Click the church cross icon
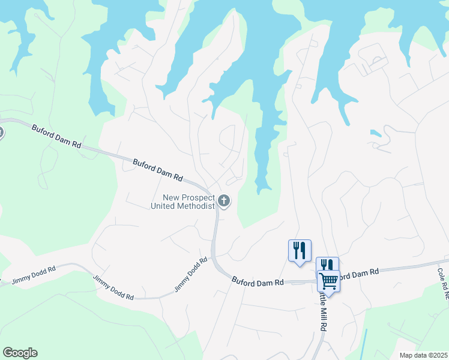coord(224,201)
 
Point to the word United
coord(164,206)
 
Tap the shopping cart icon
coord(328,281)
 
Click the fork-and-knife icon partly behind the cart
coord(326,263)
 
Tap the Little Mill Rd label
coord(322,312)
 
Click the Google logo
coord(20,353)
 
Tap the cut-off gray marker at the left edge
coord(1,133)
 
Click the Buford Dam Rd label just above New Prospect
coord(157,170)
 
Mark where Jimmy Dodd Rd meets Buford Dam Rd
coord(214,257)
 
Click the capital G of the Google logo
coord(8,353)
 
